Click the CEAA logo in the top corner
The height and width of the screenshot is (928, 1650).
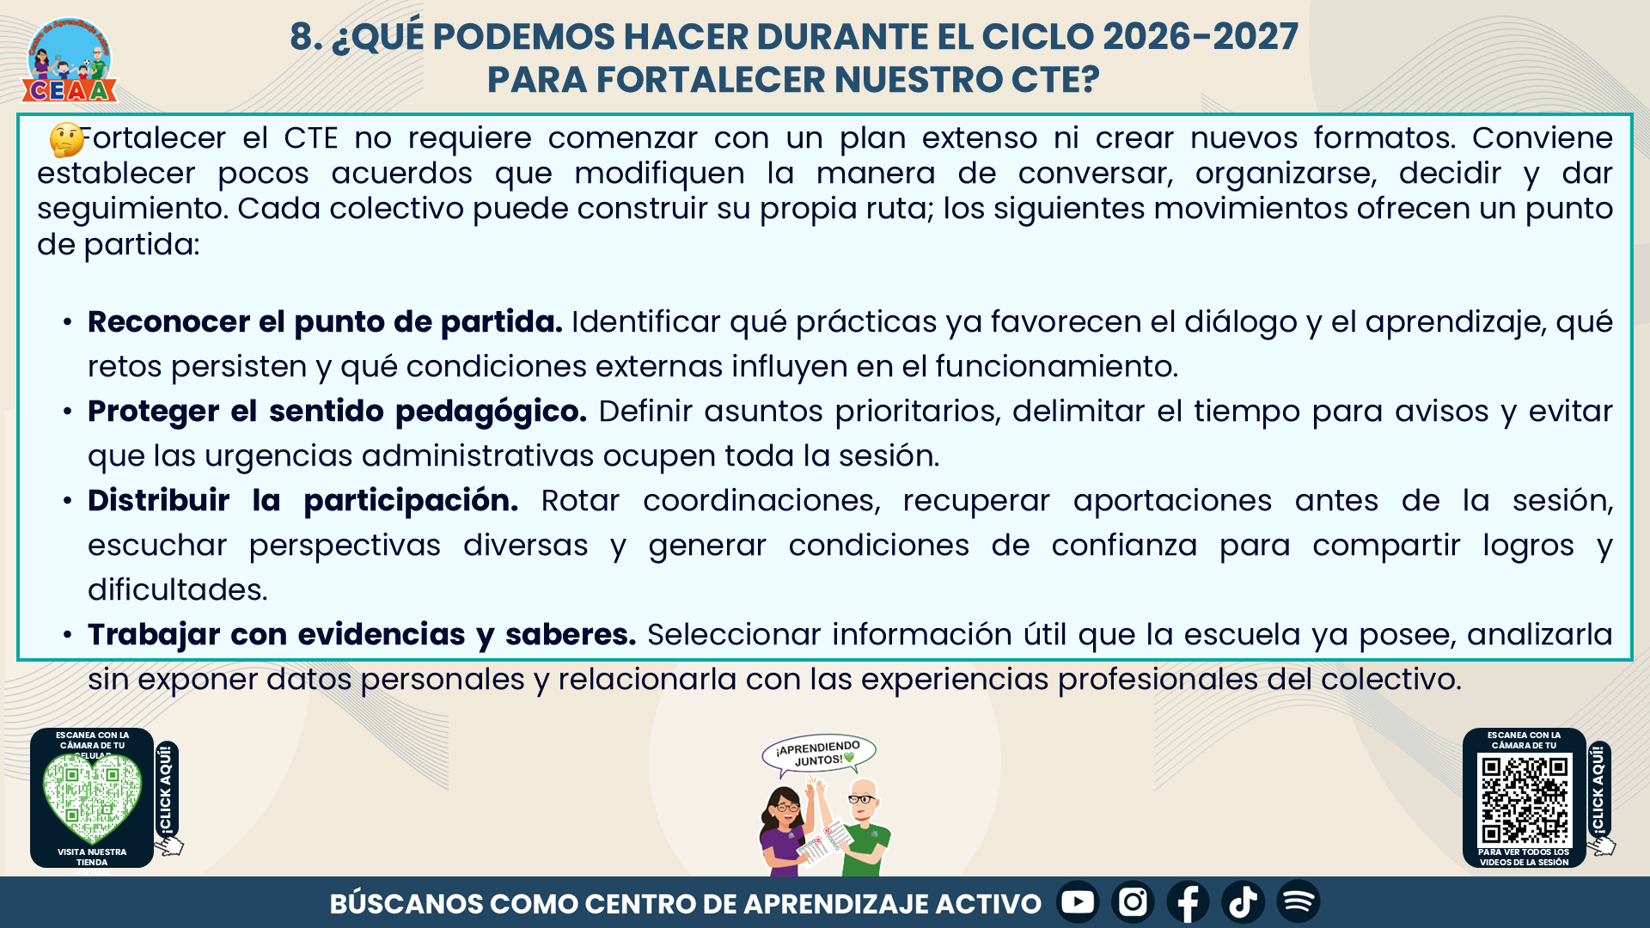(x=69, y=60)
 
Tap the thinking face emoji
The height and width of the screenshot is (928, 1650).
(x=66, y=139)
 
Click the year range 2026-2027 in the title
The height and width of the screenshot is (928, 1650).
(x=1201, y=36)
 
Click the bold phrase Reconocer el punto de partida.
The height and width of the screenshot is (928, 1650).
(x=325, y=322)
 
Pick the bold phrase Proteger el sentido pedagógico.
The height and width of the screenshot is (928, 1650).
(x=337, y=412)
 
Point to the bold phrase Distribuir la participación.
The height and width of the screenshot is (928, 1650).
(x=302, y=500)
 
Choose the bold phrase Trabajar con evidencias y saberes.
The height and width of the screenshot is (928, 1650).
(x=362, y=635)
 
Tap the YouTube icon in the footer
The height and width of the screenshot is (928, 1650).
(x=1078, y=902)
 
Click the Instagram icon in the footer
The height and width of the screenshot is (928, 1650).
(x=1133, y=902)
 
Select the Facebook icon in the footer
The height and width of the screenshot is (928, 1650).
(x=1188, y=902)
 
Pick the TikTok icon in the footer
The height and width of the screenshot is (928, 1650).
(x=1243, y=902)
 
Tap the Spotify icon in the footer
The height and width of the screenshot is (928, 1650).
(x=1298, y=902)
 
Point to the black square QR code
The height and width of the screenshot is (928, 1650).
(x=1525, y=800)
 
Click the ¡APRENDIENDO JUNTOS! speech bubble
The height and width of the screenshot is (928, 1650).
(x=818, y=754)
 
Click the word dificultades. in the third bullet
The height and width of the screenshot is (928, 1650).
(x=178, y=590)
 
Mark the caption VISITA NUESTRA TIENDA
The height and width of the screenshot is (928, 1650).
(x=92, y=857)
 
